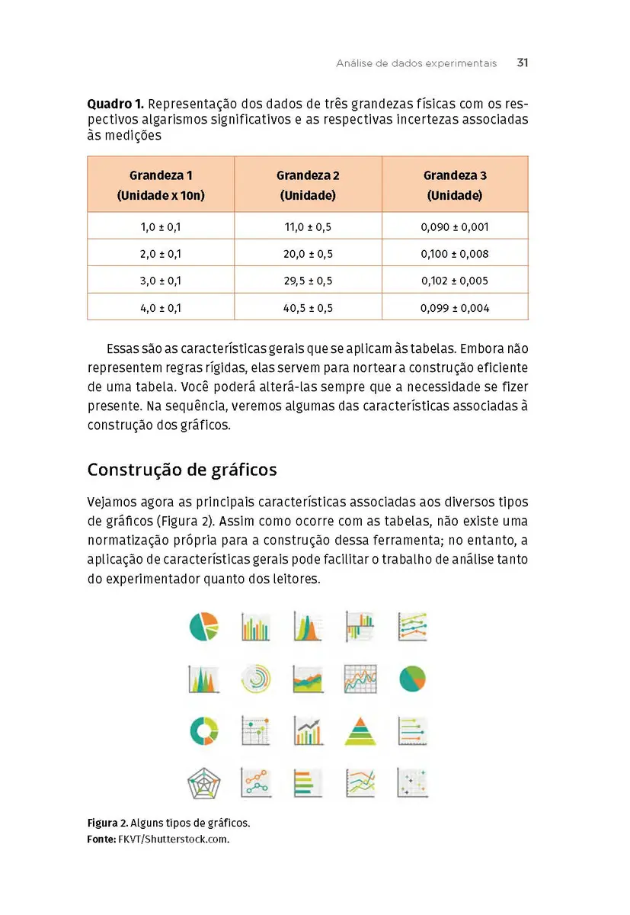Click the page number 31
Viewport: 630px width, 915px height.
[522, 63]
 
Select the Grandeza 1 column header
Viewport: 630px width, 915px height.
[161, 185]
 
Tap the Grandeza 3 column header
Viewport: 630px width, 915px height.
[455, 185]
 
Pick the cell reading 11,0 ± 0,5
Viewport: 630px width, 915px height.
[308, 226]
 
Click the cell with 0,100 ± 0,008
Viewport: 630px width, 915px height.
[455, 253]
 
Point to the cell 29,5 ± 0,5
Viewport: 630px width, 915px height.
[308, 281]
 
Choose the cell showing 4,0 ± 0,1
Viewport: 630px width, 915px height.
[161, 308]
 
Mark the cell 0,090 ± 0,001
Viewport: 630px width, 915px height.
[455, 226]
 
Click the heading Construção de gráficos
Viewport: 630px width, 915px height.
[182, 469]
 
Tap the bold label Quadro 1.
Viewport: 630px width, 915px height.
[114, 103]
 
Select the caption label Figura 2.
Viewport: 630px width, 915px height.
[107, 823]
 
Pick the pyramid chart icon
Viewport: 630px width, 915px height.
[360, 730]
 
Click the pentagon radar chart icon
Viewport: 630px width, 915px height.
[203, 783]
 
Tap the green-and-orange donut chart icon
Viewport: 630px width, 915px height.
[203, 730]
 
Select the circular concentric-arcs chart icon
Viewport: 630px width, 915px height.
[255, 678]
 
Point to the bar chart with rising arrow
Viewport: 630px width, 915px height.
[308, 730]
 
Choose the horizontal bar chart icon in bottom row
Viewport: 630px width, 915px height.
[308, 783]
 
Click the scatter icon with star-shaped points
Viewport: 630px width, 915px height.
[412, 783]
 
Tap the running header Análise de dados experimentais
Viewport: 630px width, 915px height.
[416, 63]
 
